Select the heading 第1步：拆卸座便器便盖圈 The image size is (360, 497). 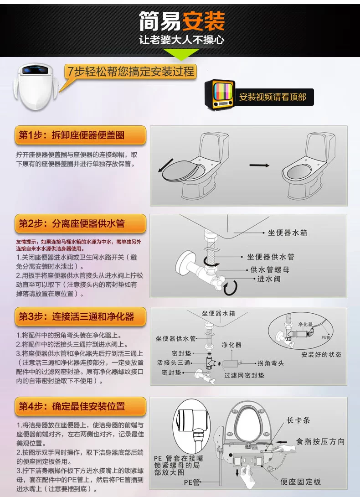click(x=72, y=135)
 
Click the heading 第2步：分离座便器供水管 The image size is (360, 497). click(x=72, y=223)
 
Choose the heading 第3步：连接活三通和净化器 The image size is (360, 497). click(x=77, y=316)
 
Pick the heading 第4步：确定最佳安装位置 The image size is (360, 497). click(x=72, y=406)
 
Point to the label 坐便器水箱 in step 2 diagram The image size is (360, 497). click(x=288, y=233)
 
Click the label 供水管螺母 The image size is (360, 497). click(x=270, y=270)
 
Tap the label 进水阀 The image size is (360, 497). click(x=269, y=279)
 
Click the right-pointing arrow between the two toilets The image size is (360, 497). click(x=259, y=165)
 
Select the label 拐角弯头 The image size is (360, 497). click(x=270, y=363)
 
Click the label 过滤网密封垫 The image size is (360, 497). click(x=244, y=375)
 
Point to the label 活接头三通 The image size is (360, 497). click(x=174, y=362)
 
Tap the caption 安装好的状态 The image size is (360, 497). click(x=321, y=354)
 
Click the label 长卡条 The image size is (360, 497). click(x=298, y=420)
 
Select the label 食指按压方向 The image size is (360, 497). click(x=320, y=441)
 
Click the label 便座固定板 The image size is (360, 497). click(x=301, y=482)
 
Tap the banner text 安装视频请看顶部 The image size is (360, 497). click(x=273, y=97)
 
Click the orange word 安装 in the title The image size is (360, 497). click(x=203, y=21)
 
